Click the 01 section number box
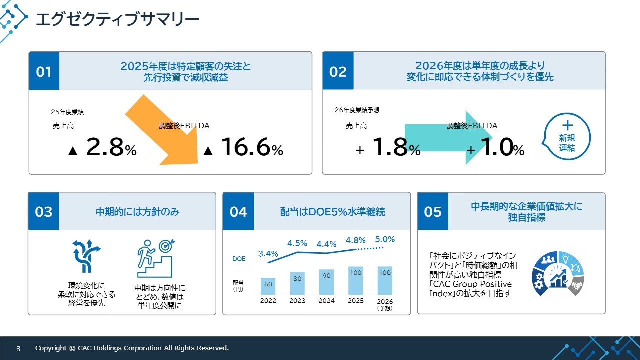click(44, 71)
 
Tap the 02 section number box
click(338, 71)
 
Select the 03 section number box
click(44, 211)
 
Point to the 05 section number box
click(433, 211)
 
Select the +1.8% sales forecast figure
click(389, 148)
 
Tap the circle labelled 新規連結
click(567, 136)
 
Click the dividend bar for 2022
click(268, 286)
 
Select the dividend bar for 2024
click(327, 282)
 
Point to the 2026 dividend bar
click(385, 280)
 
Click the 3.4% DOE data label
click(268, 254)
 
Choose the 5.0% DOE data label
click(385, 239)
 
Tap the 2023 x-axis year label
click(297, 301)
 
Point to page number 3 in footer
click(18, 348)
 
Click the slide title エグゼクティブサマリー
click(117, 20)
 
